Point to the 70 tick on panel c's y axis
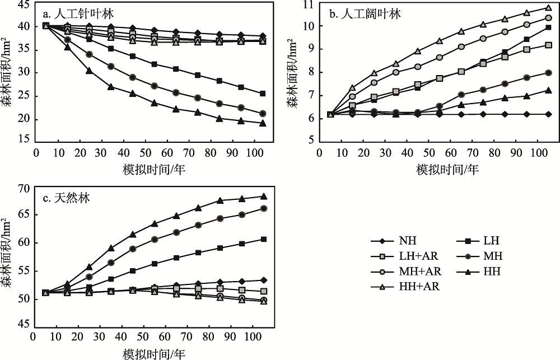point(24,188)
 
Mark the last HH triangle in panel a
point(262,123)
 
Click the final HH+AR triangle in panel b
point(548,8)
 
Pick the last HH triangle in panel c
point(263,197)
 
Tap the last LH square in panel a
point(262,93)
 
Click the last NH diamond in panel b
point(548,114)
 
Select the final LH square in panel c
point(263,239)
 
